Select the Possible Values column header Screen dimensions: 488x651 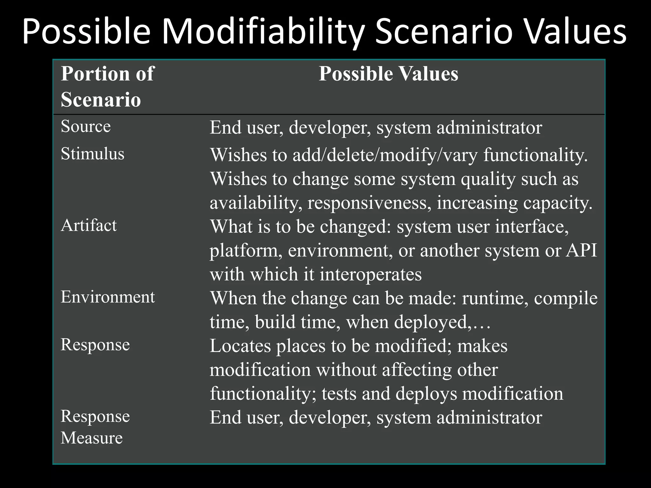(388, 74)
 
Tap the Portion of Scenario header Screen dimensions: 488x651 (107, 86)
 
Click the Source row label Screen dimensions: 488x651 (86, 126)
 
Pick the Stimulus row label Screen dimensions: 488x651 (92, 154)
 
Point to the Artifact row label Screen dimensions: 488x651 (89, 226)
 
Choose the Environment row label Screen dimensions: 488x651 (107, 297)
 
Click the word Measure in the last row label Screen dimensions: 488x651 (92, 438)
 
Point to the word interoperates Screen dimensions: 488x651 (370, 274)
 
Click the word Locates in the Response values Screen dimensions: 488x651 (240, 346)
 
